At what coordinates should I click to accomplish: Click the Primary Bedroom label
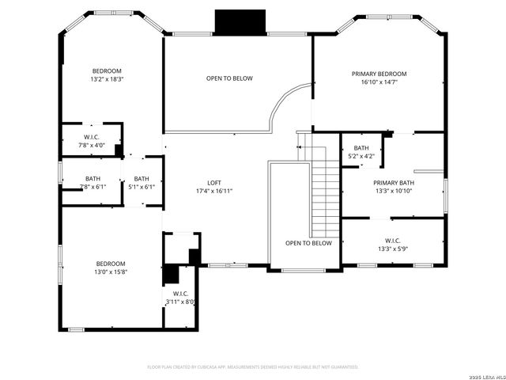click(x=385, y=74)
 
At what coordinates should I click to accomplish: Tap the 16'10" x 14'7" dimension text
click(x=385, y=82)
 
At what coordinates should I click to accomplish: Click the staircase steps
click(x=322, y=194)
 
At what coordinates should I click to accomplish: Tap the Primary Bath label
click(x=394, y=182)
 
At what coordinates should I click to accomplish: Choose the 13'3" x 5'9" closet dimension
click(x=393, y=249)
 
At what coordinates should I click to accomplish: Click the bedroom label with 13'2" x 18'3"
click(x=106, y=70)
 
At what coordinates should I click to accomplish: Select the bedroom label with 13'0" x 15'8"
click(x=111, y=264)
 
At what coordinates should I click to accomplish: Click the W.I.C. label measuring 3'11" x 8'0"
click(x=180, y=293)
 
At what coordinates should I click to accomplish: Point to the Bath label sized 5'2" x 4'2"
click(x=361, y=148)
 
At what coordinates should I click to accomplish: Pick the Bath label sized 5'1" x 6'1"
click(x=142, y=179)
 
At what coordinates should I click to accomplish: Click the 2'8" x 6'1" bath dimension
click(x=93, y=187)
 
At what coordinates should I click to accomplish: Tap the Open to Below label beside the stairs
click(x=308, y=243)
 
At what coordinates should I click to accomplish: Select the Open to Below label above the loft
click(x=229, y=78)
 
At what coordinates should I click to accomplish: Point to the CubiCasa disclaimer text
click(x=253, y=367)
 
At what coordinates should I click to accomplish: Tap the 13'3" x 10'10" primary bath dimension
click(x=394, y=191)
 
